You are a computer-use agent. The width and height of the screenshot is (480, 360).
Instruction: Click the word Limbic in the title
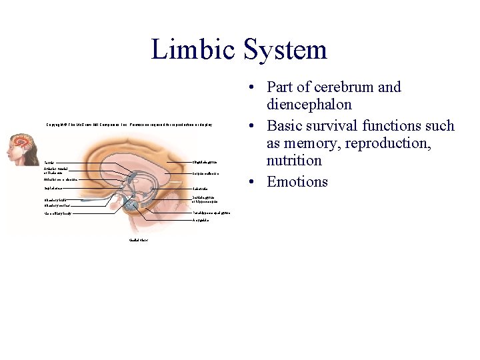point(193,50)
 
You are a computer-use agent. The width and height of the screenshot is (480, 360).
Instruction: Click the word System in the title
point(285,50)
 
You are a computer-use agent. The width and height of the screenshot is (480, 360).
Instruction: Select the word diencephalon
point(309,105)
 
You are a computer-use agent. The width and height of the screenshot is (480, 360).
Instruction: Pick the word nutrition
point(294,161)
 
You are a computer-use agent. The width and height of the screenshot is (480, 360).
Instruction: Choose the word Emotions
point(297,181)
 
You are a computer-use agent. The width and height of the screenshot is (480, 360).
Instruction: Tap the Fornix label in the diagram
point(49,162)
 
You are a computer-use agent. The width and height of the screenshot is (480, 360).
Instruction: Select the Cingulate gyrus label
point(205,162)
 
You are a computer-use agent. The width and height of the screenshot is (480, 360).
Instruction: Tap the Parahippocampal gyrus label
point(211,213)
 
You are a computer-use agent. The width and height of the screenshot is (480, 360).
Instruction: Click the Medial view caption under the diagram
point(138,240)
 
